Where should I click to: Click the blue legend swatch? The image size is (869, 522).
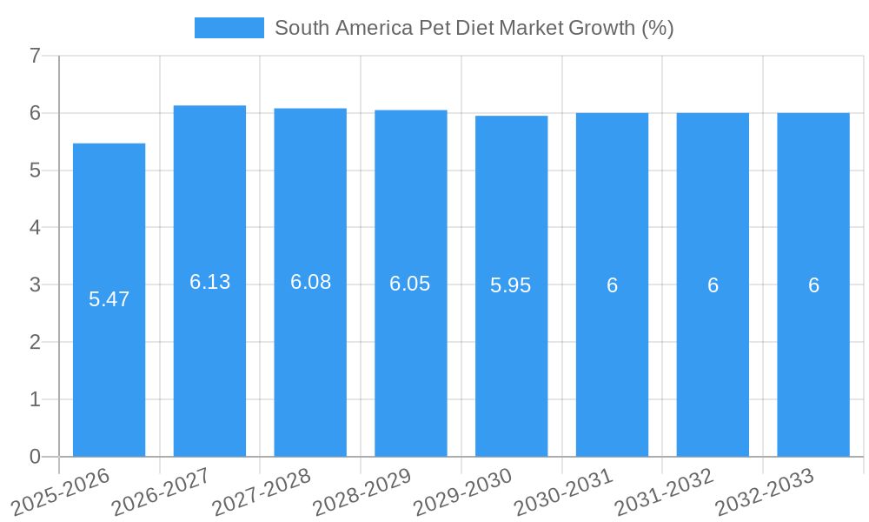pyautogui.click(x=229, y=28)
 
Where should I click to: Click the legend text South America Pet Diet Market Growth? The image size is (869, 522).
pyautogui.click(x=474, y=28)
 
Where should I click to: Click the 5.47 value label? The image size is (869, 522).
pyautogui.click(x=109, y=299)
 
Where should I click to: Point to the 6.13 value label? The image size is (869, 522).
pyautogui.click(x=209, y=282)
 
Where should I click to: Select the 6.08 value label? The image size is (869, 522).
pyautogui.click(x=310, y=282)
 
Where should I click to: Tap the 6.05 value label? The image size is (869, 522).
pyautogui.click(x=410, y=284)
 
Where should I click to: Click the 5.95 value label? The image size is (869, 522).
pyautogui.click(x=511, y=285)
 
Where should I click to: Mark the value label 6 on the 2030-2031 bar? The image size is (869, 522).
pyautogui.click(x=612, y=285)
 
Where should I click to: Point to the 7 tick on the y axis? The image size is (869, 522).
pyautogui.click(x=35, y=57)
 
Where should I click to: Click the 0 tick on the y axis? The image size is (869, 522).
pyautogui.click(x=35, y=457)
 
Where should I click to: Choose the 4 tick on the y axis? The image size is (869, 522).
pyautogui.click(x=35, y=228)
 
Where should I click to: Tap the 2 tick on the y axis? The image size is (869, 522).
pyautogui.click(x=35, y=342)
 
